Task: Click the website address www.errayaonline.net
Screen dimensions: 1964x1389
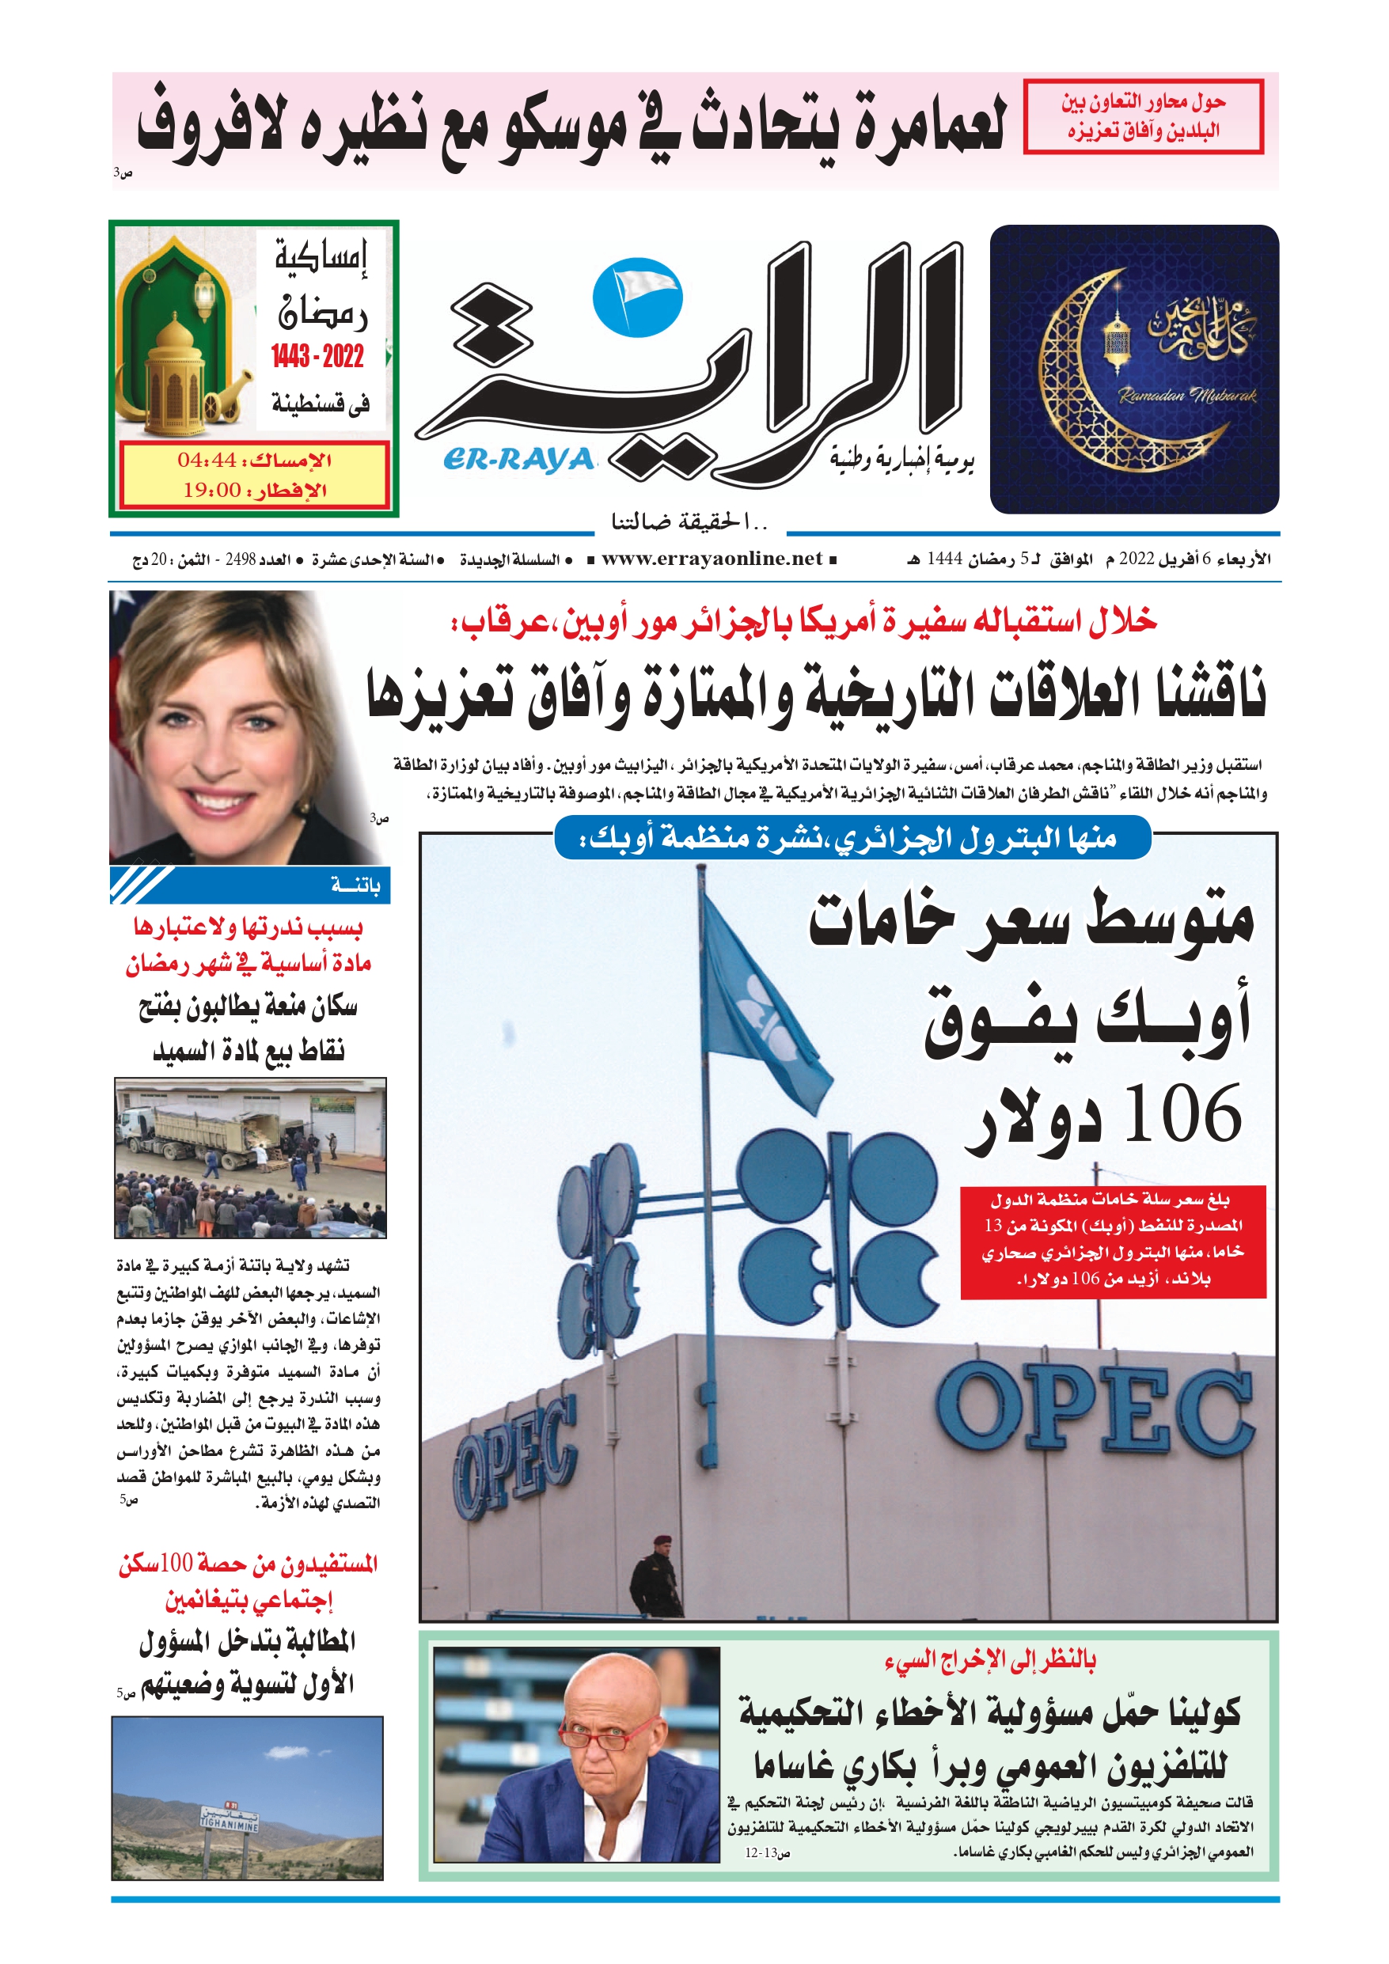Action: click(x=712, y=559)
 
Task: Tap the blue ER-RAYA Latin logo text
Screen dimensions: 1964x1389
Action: click(x=518, y=461)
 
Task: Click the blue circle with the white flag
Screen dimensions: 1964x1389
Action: click(x=638, y=297)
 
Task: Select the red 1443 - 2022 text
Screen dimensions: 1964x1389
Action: click(x=317, y=356)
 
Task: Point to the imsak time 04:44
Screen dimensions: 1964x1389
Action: click(x=207, y=461)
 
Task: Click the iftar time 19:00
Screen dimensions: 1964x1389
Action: click(x=212, y=490)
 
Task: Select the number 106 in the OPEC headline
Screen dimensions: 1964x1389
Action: click(x=1182, y=1113)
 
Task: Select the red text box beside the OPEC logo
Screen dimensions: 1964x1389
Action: click(x=1112, y=1242)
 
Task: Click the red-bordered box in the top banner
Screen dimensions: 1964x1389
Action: click(x=1143, y=116)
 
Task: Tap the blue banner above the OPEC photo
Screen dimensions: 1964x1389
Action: click(x=852, y=838)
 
